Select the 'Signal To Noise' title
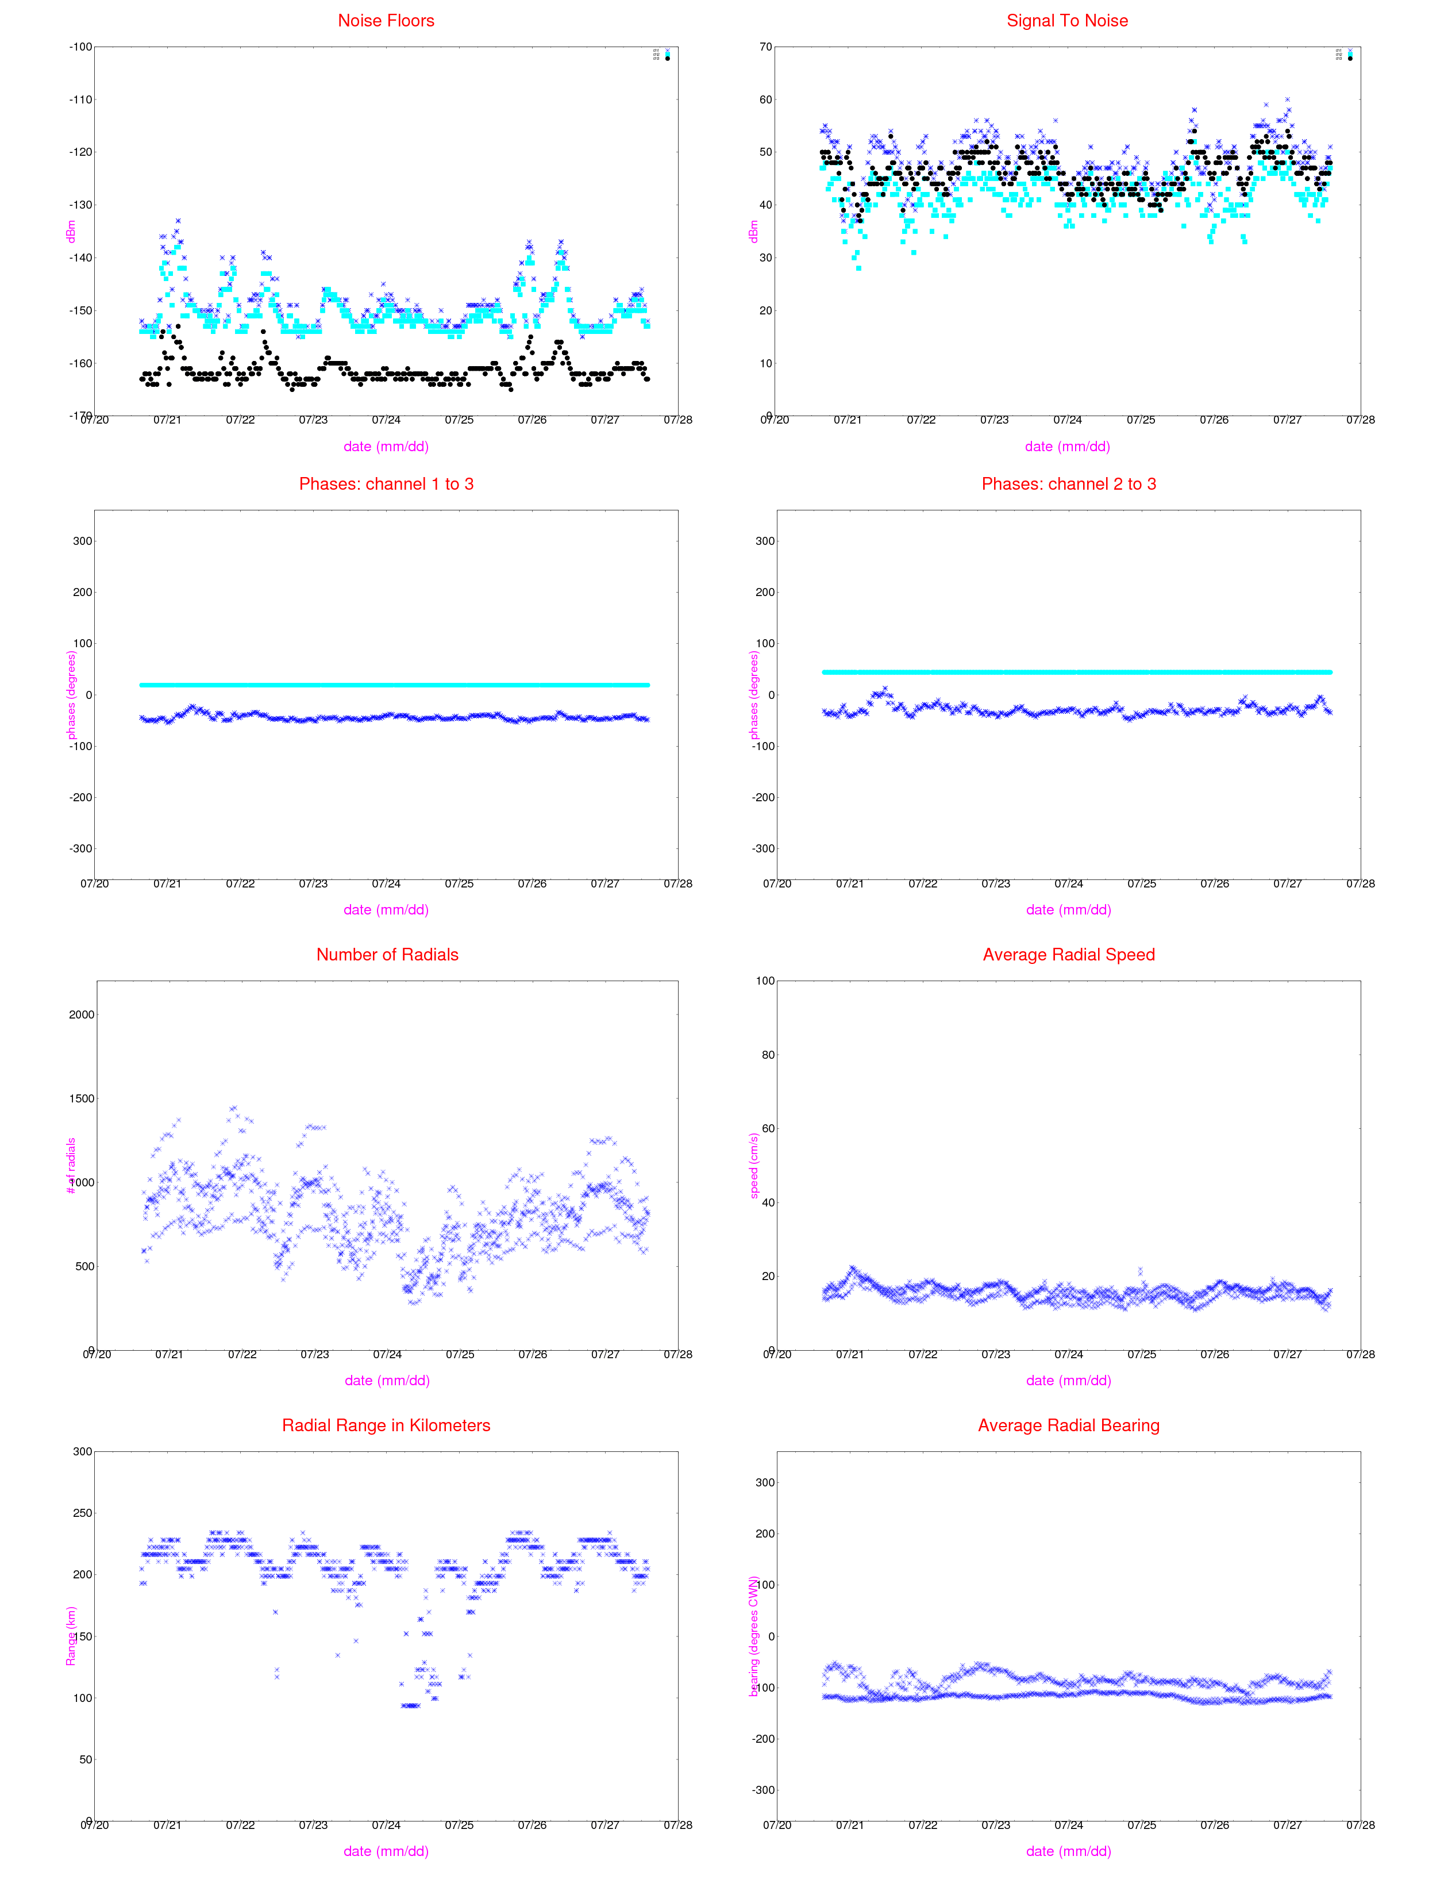click(x=1067, y=21)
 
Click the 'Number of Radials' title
click(x=387, y=954)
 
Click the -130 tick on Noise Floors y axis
click(x=81, y=205)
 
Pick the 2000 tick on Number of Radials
click(x=81, y=1015)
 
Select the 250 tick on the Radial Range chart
click(x=82, y=1513)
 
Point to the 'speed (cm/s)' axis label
click(x=754, y=1166)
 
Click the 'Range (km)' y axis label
click(x=71, y=1636)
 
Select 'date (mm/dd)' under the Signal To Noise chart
click(x=1067, y=447)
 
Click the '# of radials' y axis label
click(x=71, y=1166)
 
